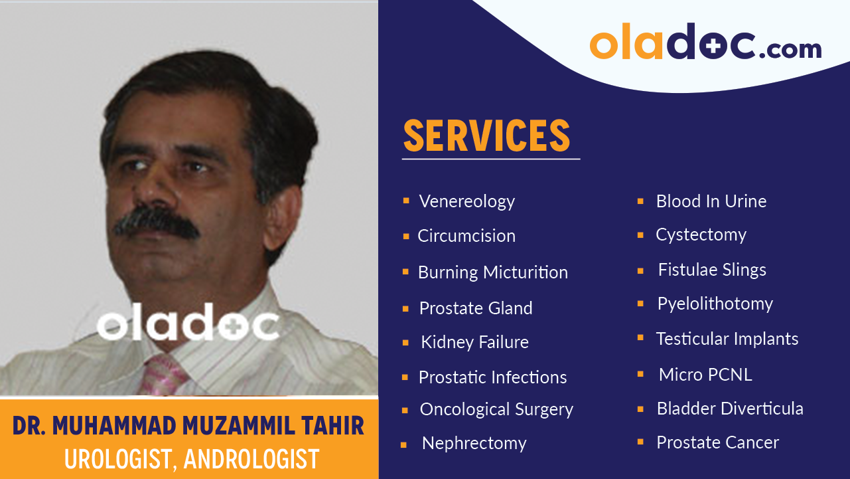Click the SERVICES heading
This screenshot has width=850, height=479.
pos(486,136)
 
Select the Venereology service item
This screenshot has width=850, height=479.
pos(466,201)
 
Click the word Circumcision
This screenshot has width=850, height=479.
pos(466,236)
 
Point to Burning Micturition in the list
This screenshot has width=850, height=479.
pos(492,272)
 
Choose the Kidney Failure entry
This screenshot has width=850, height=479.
pos(474,342)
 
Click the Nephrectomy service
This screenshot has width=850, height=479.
pos(474,443)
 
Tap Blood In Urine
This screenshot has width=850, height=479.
pos(711,201)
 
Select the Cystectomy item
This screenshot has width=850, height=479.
pos(701,235)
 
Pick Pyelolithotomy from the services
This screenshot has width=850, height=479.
pos(715,304)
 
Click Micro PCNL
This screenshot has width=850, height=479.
pos(705,375)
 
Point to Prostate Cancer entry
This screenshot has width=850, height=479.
pos(717,442)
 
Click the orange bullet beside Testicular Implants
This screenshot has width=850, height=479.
pos(640,338)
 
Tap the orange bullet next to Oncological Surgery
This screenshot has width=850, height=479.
pos(405,411)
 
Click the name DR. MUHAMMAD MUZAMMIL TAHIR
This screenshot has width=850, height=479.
pos(188,426)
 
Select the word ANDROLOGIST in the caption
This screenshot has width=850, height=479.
pos(251,459)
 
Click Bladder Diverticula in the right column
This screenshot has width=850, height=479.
pos(729,409)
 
